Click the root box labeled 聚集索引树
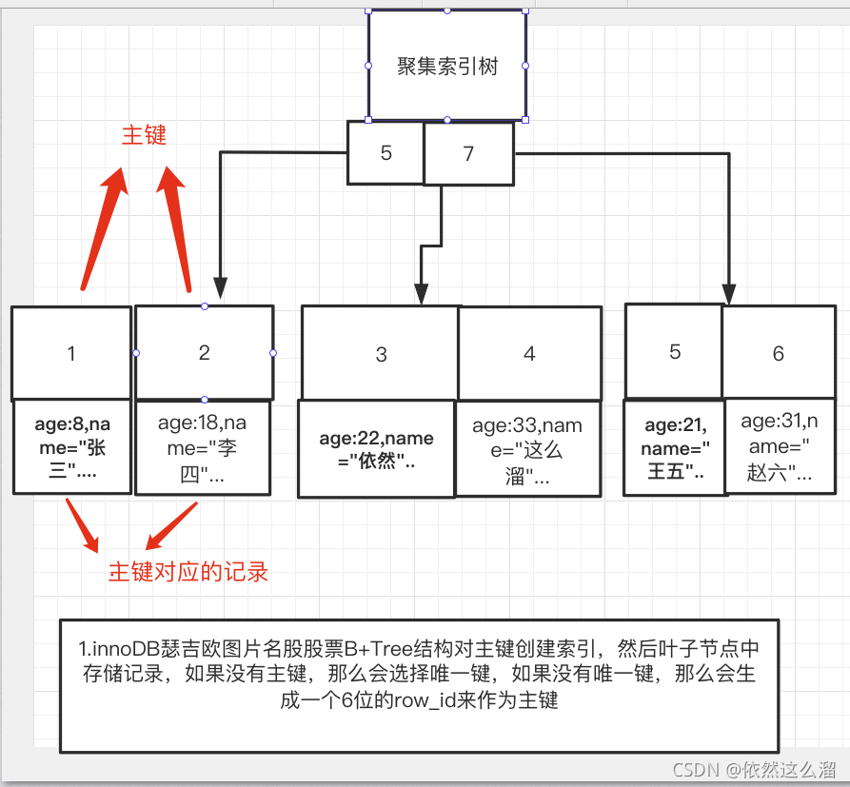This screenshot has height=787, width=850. click(447, 66)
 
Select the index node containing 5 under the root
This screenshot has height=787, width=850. click(385, 152)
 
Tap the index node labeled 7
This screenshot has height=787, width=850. click(468, 153)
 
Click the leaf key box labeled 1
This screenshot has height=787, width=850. click(71, 353)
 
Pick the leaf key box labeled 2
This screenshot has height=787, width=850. click(205, 352)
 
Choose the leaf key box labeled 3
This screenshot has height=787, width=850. click(381, 354)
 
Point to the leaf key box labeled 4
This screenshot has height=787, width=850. click(529, 353)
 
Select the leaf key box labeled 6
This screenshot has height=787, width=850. click(778, 353)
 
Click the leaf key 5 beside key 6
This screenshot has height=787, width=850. click(675, 352)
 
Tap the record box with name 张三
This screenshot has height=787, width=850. click(71, 446)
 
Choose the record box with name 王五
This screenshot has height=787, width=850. click(674, 448)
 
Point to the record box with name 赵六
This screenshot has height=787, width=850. click(780, 446)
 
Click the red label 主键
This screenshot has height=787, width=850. click(144, 135)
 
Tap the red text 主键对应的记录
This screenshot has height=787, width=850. click(188, 571)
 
